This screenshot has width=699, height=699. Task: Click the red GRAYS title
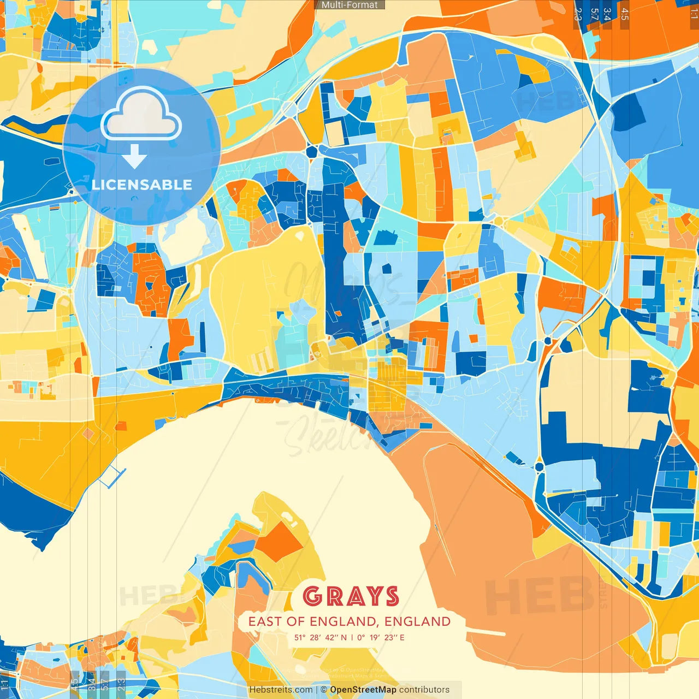(351, 596)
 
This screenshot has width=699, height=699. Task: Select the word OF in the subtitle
(296, 621)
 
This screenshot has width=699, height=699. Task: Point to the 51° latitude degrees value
(300, 637)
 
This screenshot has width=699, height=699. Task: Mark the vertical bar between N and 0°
(352, 637)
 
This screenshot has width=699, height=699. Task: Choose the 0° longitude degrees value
(361, 637)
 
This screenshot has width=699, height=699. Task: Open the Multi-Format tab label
(349, 5)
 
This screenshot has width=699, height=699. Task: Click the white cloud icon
(141, 116)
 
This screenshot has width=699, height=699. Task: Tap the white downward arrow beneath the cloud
(134, 156)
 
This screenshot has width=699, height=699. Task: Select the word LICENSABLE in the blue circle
(142, 185)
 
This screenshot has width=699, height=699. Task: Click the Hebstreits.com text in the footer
(281, 690)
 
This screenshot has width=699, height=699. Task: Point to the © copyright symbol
(324, 690)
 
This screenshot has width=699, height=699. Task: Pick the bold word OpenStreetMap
(363, 690)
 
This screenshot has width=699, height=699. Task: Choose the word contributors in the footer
(424, 690)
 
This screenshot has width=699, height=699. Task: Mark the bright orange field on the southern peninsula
(280, 541)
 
